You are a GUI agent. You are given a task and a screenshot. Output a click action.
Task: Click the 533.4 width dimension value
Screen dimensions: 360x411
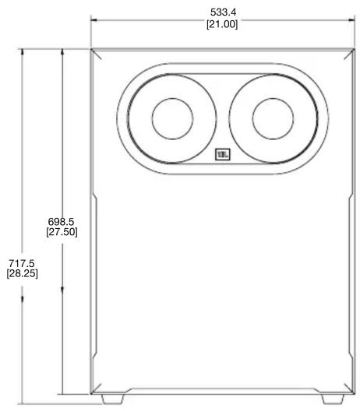224,12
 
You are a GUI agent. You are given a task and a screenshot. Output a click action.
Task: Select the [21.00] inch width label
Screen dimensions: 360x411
222,24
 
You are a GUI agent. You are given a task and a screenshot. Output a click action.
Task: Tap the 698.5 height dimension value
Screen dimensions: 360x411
61,222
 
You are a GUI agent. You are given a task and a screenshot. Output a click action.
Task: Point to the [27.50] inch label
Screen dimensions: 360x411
62,232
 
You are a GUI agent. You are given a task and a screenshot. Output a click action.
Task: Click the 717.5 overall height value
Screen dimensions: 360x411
22,263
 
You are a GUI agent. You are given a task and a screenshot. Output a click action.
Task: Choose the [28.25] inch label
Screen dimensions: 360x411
23,273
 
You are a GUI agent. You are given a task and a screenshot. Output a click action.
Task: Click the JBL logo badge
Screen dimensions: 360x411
223,154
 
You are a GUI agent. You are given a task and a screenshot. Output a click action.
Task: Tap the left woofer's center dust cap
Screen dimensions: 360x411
172,119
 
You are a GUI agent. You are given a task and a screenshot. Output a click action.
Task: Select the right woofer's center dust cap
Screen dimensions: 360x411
273,119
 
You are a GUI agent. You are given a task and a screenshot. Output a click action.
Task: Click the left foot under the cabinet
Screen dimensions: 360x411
112,399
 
